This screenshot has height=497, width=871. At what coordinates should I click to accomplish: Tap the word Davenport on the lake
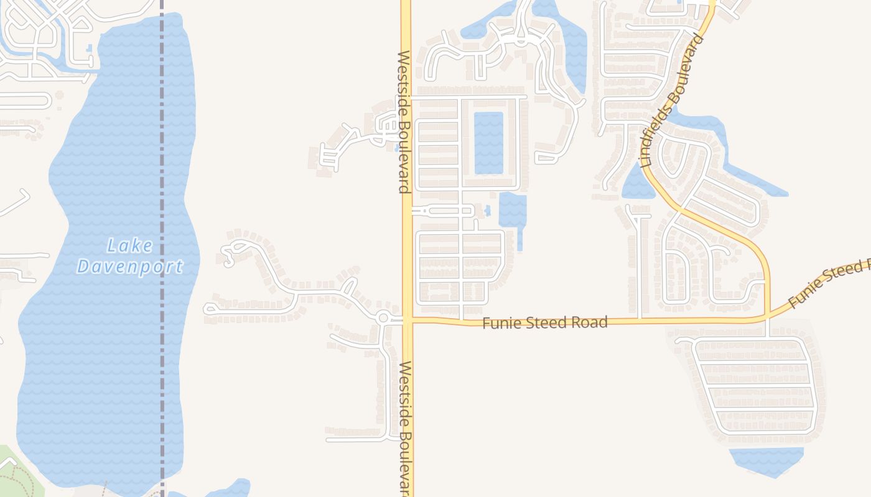(x=130, y=267)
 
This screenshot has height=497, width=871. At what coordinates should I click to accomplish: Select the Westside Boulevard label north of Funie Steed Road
(x=404, y=121)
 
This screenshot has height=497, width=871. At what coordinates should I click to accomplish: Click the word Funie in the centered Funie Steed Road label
(x=501, y=323)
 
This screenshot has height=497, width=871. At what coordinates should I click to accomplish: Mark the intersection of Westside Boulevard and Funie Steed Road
(x=408, y=321)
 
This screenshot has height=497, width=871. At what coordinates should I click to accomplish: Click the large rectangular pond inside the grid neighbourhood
(x=488, y=143)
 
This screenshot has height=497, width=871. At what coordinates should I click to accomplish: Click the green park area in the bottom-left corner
(x=12, y=472)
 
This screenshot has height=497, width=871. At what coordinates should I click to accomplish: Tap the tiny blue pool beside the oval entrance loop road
(x=487, y=211)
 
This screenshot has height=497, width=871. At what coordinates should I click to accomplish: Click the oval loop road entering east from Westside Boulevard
(x=443, y=211)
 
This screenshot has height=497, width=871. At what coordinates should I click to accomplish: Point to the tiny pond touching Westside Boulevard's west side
(x=396, y=148)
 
